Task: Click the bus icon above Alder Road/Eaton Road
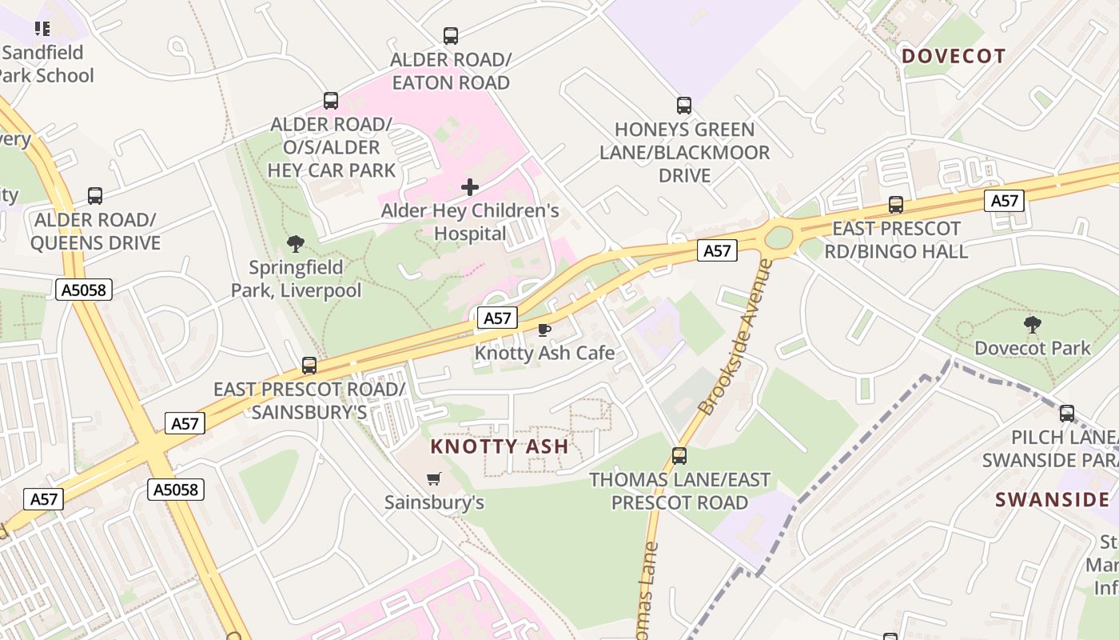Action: tap(451, 36)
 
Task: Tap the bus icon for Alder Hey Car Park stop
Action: tap(331, 101)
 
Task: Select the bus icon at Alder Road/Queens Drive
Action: tap(95, 196)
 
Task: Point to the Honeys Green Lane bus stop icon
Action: tap(684, 106)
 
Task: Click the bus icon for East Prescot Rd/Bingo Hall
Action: tap(896, 205)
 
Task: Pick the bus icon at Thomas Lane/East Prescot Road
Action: tap(679, 456)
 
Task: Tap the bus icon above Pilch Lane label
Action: tap(1067, 414)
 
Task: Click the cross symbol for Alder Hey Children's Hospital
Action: tap(470, 187)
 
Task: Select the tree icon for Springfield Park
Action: tap(296, 243)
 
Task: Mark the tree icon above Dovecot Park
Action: tap(1033, 324)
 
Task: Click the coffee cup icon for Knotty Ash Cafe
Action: tap(544, 329)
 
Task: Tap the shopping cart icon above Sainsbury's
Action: tap(434, 478)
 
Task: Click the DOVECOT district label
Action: tap(954, 56)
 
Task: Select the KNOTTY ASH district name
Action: tap(500, 446)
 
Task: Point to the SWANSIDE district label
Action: tap(1053, 500)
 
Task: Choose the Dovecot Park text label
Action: tap(1033, 348)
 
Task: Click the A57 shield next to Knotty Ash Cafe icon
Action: tap(497, 318)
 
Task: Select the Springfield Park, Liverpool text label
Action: tap(296, 278)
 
